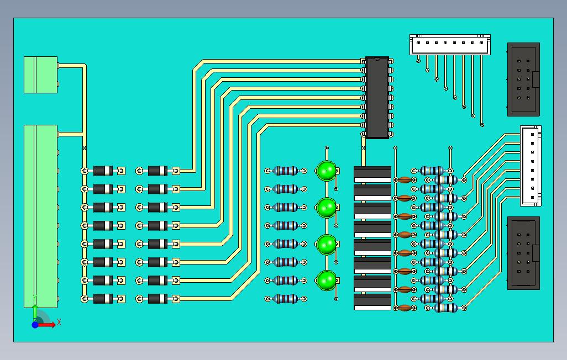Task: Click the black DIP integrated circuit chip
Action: coord(377,98)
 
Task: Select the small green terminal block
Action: coord(41,75)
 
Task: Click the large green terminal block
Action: coord(41,216)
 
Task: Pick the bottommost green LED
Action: coord(327,280)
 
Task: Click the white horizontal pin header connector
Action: coord(450,45)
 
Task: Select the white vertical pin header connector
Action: coord(531,166)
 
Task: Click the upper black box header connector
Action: coord(523,80)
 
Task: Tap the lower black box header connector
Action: coord(523,253)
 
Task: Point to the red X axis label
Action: coord(59,322)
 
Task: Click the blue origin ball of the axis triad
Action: coord(35,325)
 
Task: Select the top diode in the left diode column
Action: coord(103,171)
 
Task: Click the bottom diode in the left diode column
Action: coord(103,299)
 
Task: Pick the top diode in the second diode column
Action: coord(158,171)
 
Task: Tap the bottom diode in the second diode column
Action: coord(158,299)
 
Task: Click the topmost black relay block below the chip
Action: coord(372,174)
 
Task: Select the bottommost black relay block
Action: coord(372,302)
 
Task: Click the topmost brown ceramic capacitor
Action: coord(405,180)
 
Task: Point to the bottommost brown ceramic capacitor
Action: coord(405,308)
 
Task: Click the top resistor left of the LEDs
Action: coord(286,171)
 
